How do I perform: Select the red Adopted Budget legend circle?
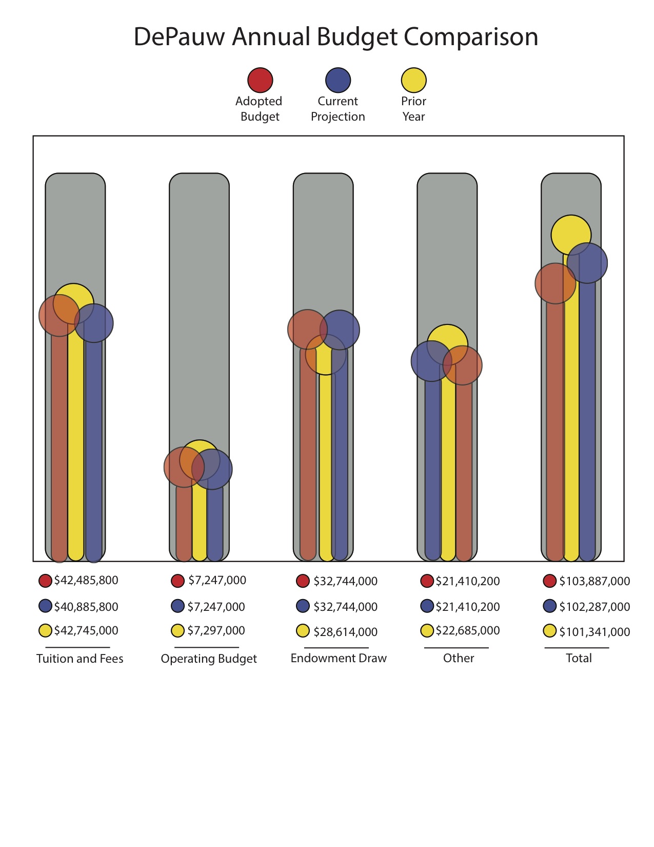(260, 81)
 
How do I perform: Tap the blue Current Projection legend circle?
(338, 81)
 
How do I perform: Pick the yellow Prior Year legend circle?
(413, 81)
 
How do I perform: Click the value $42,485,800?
(86, 581)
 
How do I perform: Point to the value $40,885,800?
(86, 607)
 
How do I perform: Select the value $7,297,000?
(216, 630)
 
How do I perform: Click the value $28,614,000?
(345, 632)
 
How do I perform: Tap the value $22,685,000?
(467, 630)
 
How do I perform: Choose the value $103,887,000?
(594, 581)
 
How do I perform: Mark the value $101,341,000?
(594, 632)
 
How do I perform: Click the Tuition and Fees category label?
(80, 659)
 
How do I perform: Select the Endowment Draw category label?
(339, 658)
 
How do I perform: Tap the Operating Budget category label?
(209, 659)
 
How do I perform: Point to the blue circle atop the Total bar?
(588, 263)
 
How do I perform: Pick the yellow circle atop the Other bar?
(447, 341)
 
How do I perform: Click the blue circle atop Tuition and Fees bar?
(94, 323)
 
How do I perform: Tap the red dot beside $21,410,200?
(427, 581)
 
